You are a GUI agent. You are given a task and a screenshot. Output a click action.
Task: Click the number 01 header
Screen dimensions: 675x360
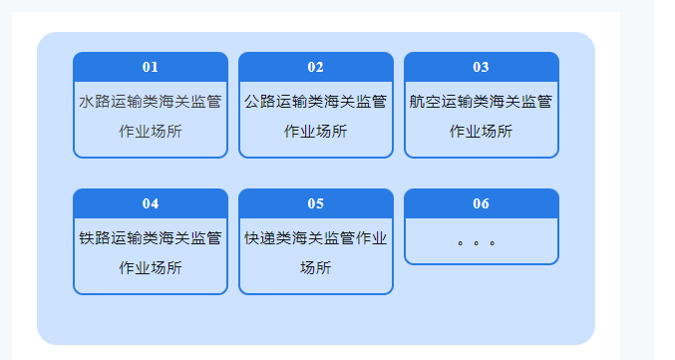tap(151, 67)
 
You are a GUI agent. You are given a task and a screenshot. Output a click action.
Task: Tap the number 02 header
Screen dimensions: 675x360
tap(316, 67)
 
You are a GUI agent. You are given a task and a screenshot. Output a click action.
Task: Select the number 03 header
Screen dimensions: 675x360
tap(482, 67)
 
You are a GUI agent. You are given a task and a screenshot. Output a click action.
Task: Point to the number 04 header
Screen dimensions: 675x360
tap(151, 203)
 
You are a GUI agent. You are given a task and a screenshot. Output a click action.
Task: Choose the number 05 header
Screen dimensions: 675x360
tap(316, 203)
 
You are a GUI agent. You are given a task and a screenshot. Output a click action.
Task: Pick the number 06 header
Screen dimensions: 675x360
tap(482, 203)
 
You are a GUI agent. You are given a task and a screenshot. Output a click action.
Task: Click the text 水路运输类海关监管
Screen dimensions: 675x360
tap(151, 101)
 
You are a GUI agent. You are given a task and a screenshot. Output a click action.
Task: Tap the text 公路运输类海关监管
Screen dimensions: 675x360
tap(316, 101)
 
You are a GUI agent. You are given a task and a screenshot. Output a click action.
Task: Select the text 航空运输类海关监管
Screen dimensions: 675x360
tap(482, 101)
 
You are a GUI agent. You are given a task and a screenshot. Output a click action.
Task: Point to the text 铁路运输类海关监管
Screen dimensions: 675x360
tap(151, 237)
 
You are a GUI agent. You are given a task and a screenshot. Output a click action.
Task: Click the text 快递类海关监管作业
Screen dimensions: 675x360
tap(316, 237)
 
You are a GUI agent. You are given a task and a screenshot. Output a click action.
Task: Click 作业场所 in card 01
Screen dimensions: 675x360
tap(151, 131)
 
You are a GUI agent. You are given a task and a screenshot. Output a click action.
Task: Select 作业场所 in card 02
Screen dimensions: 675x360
tap(316, 131)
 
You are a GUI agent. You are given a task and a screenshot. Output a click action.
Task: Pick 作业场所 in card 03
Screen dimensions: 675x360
tap(482, 131)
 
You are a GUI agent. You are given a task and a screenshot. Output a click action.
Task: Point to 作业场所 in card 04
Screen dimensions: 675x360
tap(151, 267)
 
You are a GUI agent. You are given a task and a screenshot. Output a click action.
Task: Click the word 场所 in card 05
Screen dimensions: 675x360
tap(316, 267)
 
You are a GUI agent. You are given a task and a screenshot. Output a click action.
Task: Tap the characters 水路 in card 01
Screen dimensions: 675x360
tap(95, 101)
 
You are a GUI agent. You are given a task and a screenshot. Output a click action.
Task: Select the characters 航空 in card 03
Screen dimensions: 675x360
tap(426, 101)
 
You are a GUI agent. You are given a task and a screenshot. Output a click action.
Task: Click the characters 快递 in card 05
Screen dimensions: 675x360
tap(260, 237)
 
